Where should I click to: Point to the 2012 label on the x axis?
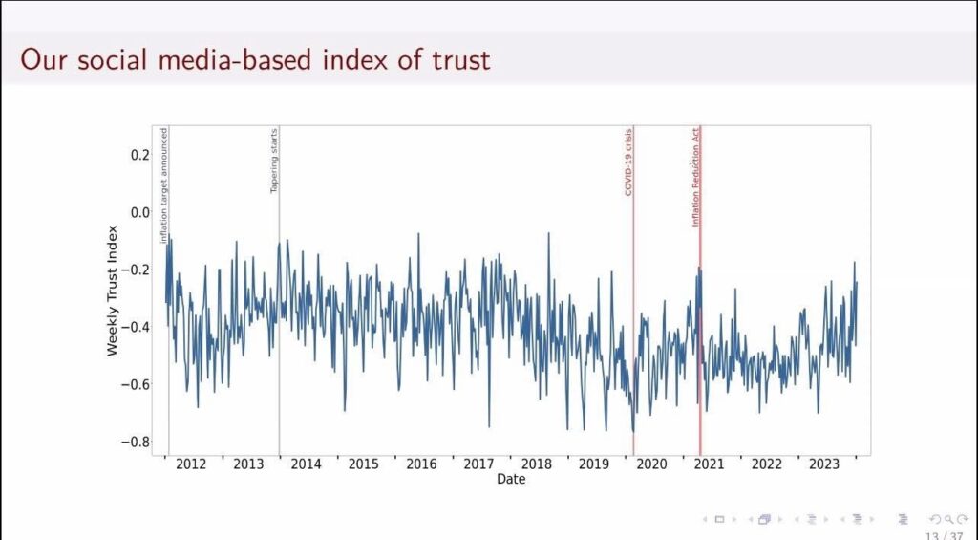tap(191, 464)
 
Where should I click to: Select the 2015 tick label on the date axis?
tap(363, 464)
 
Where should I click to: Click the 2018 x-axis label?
tap(537, 464)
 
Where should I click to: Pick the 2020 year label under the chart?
tap(651, 464)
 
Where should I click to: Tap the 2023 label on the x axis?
tap(824, 464)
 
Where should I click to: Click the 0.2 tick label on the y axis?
tap(139, 155)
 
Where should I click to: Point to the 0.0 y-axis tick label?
tap(139, 212)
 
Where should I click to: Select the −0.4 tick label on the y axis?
tap(137, 327)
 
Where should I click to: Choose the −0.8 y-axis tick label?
tap(137, 442)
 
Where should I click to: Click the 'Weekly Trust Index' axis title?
tap(113, 291)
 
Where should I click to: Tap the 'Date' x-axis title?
tap(510, 479)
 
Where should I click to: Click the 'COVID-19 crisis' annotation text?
tap(628, 162)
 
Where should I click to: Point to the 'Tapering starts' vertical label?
tap(274, 161)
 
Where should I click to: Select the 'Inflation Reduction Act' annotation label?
tap(696, 177)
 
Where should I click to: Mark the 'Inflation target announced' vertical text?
tap(164, 185)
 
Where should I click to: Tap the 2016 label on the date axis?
tap(421, 464)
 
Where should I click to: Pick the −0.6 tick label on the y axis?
tap(137, 384)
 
